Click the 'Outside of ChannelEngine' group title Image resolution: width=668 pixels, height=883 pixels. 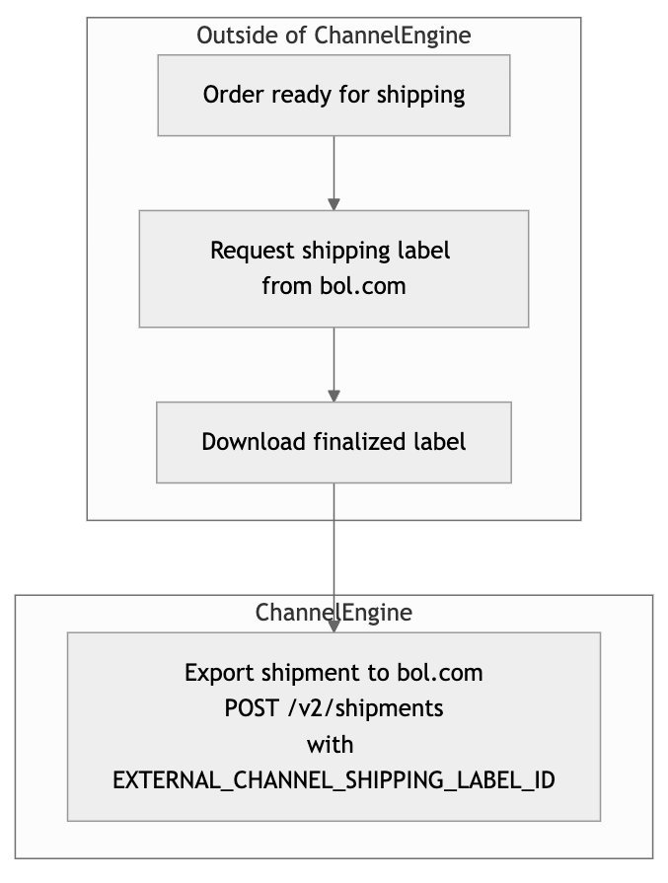(334, 36)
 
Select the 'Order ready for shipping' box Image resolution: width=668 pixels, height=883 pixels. (334, 95)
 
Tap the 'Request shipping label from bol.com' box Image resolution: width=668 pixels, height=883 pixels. (334, 268)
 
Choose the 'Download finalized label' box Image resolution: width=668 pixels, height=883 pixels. (334, 442)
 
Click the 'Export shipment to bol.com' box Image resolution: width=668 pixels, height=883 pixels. (334, 726)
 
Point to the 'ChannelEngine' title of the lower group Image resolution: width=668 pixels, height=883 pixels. (334, 612)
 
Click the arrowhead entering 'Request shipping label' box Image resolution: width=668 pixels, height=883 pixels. (334, 204)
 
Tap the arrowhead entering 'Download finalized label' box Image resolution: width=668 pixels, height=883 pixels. (334, 396)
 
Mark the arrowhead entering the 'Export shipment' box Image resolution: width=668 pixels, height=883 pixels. (334, 625)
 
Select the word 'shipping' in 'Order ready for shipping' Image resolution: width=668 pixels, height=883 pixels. (420, 95)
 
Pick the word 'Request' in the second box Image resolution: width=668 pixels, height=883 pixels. (253, 252)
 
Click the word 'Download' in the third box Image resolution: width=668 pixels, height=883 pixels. (254, 442)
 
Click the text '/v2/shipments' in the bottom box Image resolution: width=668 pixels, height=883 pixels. (365, 708)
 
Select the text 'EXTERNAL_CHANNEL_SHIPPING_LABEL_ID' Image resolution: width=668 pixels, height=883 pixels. (334, 780)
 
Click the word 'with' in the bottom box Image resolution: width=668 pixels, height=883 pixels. (331, 745)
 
